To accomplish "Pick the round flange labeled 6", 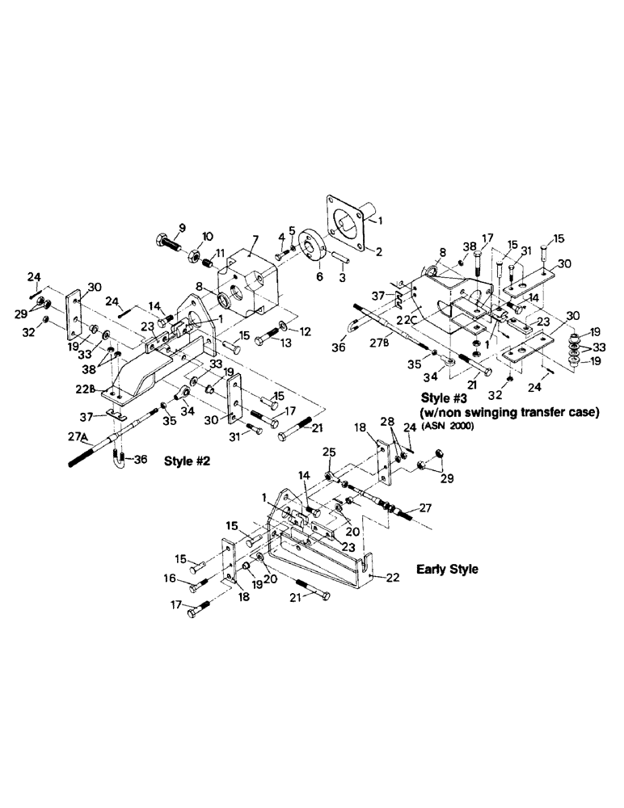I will [312, 246].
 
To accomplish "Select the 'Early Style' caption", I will [447, 569].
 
